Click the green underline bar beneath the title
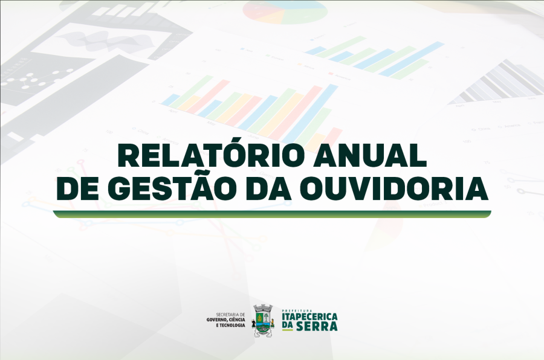coord(272,214)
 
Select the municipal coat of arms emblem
coord(263,320)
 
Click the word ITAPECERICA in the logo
coord(310,317)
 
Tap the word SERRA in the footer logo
coord(321,326)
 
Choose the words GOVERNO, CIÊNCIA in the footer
coord(226,320)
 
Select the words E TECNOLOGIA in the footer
coord(230,325)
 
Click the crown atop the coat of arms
coord(263,307)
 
